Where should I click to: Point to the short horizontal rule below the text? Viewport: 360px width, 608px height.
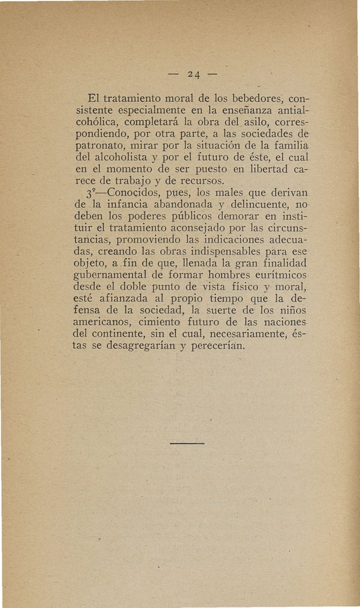click(187, 443)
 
